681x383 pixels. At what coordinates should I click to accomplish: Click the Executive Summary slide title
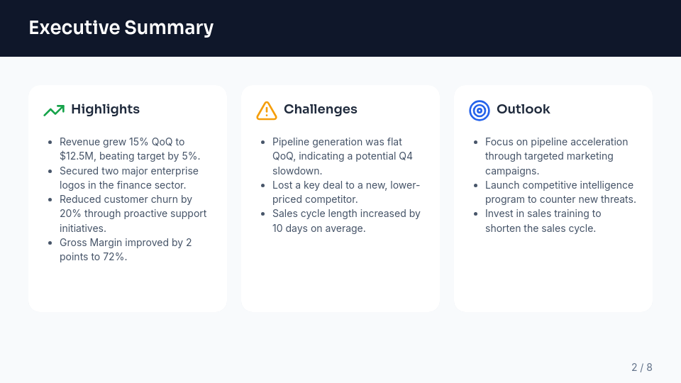point(121,28)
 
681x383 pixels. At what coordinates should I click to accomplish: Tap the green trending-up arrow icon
point(54,110)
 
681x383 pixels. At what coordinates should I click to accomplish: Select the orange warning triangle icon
point(267,110)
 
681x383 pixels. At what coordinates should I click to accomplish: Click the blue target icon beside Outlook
point(480,110)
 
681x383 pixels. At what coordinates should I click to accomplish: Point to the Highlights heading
point(105,109)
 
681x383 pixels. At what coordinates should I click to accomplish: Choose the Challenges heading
point(321,109)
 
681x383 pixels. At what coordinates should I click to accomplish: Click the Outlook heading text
point(523,109)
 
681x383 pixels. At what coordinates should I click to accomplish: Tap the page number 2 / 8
point(641,367)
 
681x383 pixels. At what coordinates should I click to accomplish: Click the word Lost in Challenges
point(284,185)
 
